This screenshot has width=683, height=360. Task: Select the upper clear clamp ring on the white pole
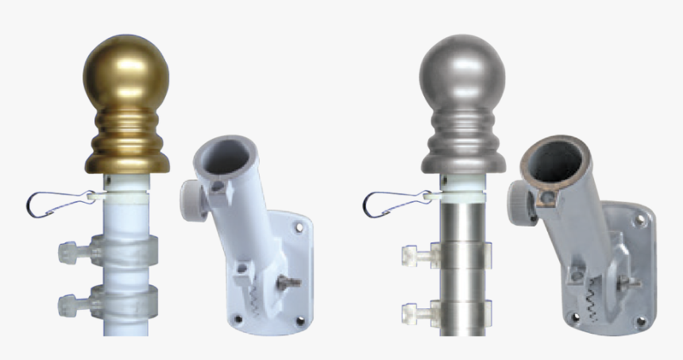[123, 250]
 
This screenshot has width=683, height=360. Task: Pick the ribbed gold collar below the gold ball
[127, 139]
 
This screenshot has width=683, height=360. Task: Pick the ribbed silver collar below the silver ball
[463, 139]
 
